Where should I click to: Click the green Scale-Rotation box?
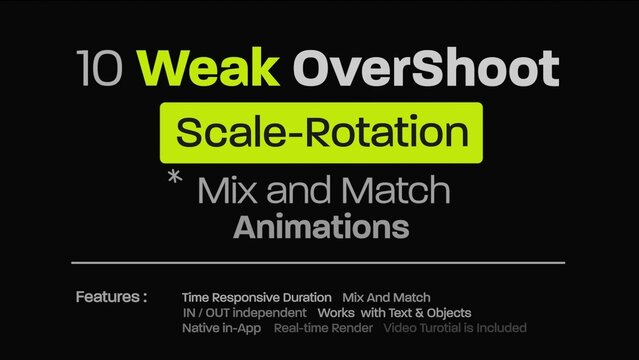pos(321,132)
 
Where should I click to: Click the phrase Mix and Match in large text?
pos(324,190)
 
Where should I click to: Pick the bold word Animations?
pos(321,227)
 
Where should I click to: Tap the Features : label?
pos(111,297)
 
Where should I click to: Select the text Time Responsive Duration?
pos(256,297)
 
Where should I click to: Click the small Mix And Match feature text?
pos(386,297)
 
